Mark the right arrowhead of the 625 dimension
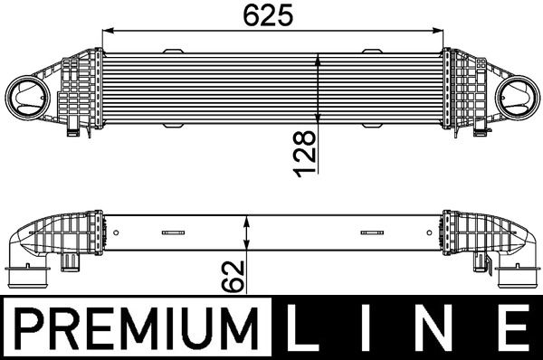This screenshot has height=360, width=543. pos(443,30)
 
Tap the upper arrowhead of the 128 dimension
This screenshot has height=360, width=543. pos(318,58)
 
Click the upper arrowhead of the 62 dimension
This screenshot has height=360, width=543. pos(247,219)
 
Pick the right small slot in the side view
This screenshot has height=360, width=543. pos(371,232)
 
